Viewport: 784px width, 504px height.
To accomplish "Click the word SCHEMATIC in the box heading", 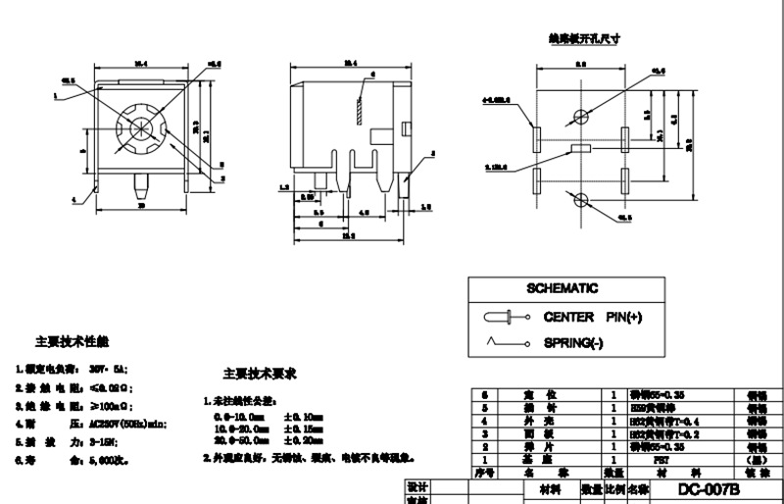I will pos(562,288).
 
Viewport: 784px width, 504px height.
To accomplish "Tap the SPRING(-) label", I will pos(574,343).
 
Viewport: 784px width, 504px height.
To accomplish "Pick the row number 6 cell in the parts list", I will pos(482,394).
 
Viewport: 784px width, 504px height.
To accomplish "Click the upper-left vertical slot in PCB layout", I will pos(536,137).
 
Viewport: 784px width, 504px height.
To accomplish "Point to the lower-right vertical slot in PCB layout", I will pos(626,179).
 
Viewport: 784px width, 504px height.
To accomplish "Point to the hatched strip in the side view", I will pos(360,109).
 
